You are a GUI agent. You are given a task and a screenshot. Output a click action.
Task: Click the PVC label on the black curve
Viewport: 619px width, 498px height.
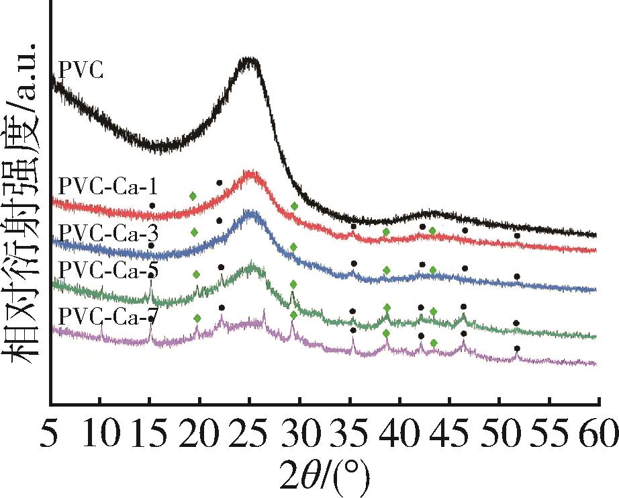point(81,70)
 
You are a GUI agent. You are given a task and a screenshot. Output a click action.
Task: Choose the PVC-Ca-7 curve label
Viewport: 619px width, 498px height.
point(108,314)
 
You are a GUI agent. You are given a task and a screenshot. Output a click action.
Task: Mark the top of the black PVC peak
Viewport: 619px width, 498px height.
point(249,60)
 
